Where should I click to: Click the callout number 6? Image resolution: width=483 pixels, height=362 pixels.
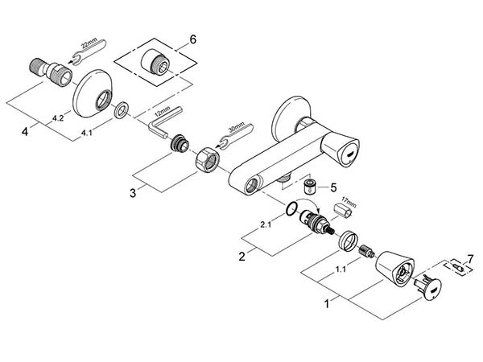192,39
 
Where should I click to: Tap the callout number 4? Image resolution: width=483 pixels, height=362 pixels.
25,132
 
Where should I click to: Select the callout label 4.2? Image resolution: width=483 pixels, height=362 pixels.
58,117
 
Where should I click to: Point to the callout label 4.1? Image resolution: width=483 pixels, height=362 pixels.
86,133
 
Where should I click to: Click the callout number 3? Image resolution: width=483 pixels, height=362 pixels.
133,193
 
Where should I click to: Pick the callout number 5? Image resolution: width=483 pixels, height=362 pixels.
333,187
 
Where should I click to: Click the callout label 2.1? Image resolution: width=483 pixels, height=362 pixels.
266,225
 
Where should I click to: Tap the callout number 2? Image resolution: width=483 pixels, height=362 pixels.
242,256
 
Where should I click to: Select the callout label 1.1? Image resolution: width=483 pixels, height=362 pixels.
341,269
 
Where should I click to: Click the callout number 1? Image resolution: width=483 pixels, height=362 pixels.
327,304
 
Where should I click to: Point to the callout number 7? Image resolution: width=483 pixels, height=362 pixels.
470,259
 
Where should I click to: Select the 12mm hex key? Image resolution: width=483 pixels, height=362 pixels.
165,121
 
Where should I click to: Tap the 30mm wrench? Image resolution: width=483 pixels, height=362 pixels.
235,134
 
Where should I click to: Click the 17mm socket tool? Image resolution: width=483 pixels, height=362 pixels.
344,209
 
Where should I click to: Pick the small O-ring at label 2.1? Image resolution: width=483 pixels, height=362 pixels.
291,208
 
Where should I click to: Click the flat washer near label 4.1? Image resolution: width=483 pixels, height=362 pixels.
122,109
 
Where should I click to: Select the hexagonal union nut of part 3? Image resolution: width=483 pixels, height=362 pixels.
208,159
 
